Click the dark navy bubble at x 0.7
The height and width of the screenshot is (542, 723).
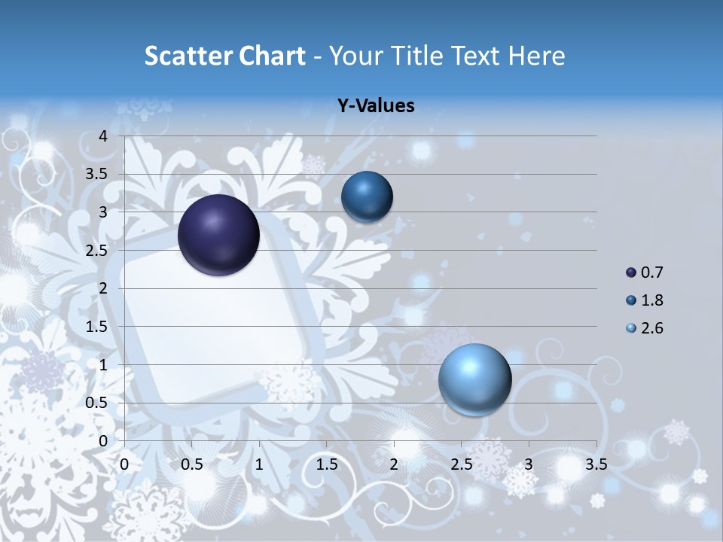pos(218,235)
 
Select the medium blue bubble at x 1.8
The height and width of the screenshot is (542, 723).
pos(367,196)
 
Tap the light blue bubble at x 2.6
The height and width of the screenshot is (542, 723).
pos(474,379)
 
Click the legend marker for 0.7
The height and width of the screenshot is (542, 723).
pos(631,273)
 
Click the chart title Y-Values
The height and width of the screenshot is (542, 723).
pos(376,106)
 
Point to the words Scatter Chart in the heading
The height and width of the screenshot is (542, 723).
pos(225,56)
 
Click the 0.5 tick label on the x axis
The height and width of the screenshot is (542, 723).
pos(192,464)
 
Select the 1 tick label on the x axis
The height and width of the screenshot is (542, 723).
pos(259,464)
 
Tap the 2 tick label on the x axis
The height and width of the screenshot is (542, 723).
pos(394,464)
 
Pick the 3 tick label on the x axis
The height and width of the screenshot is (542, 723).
pos(529,464)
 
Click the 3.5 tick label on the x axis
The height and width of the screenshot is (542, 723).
pos(596,464)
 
